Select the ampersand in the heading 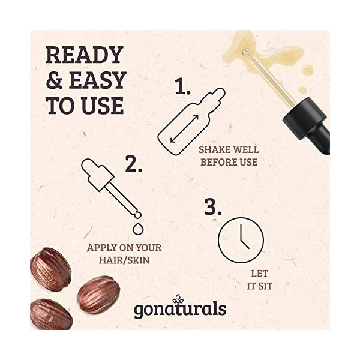tap(55, 80)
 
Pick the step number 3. tap(214, 206)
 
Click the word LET tap(259, 274)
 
